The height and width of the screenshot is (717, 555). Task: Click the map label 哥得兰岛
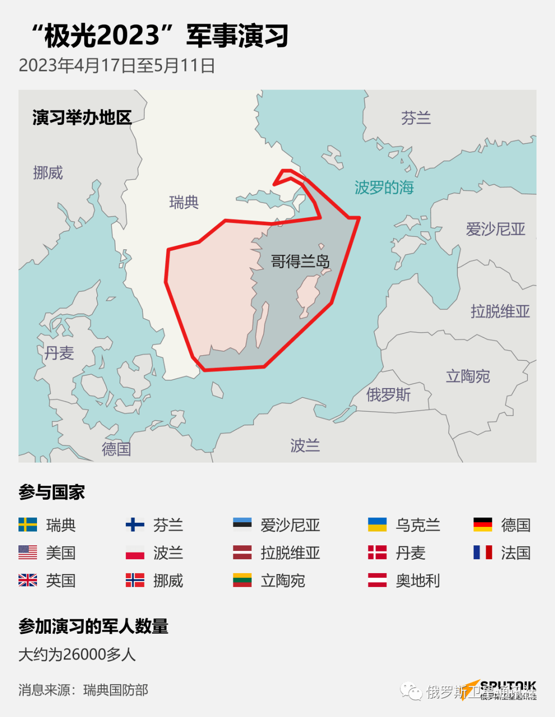pos(300,262)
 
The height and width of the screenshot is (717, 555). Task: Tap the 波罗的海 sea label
pos(384,188)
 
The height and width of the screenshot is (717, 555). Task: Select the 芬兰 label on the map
pos(416,118)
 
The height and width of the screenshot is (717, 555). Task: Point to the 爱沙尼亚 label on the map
pos(495,229)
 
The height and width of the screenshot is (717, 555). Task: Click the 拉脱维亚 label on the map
pos(500,311)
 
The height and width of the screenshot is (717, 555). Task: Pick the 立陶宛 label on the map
pos(468,376)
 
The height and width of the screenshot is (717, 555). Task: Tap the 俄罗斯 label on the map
pos(388,395)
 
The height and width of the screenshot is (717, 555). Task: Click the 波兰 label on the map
pos(305,445)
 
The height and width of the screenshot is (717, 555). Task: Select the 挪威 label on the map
pos(48,173)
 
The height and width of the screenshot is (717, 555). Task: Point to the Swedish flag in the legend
pos(28,525)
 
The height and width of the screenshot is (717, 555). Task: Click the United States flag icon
pos(28,553)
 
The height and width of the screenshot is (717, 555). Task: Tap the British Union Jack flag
pos(28,580)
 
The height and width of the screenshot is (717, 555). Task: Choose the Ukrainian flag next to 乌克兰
pos(377,525)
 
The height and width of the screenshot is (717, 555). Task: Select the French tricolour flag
pos(483,553)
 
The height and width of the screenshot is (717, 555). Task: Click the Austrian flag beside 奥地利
pos(377,580)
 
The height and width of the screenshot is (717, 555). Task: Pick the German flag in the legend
pos(483,525)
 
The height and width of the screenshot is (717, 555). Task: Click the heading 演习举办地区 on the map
pos(82,118)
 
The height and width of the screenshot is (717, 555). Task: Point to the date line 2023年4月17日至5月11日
pos(117,66)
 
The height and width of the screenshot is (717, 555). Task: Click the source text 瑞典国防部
pos(116,690)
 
